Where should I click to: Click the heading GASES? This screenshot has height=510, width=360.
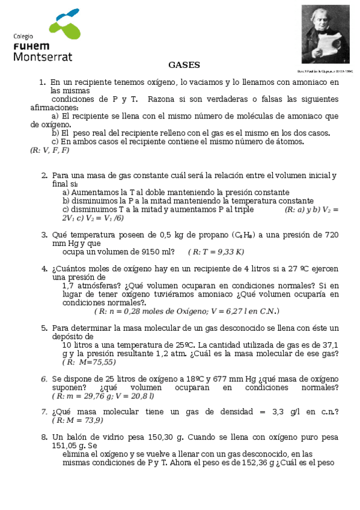[184, 65]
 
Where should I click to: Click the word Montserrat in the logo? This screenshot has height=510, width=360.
[42, 57]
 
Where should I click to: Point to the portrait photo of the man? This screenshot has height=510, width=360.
[325, 35]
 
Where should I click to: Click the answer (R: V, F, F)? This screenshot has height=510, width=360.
[49, 150]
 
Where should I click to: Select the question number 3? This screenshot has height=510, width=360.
[44, 235]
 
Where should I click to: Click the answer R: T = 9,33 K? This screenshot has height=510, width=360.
[216, 252]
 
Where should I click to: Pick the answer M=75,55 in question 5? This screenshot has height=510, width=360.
[89, 362]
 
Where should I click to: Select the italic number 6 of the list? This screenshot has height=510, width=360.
[44, 379]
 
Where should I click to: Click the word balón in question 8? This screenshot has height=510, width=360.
[80, 437]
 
